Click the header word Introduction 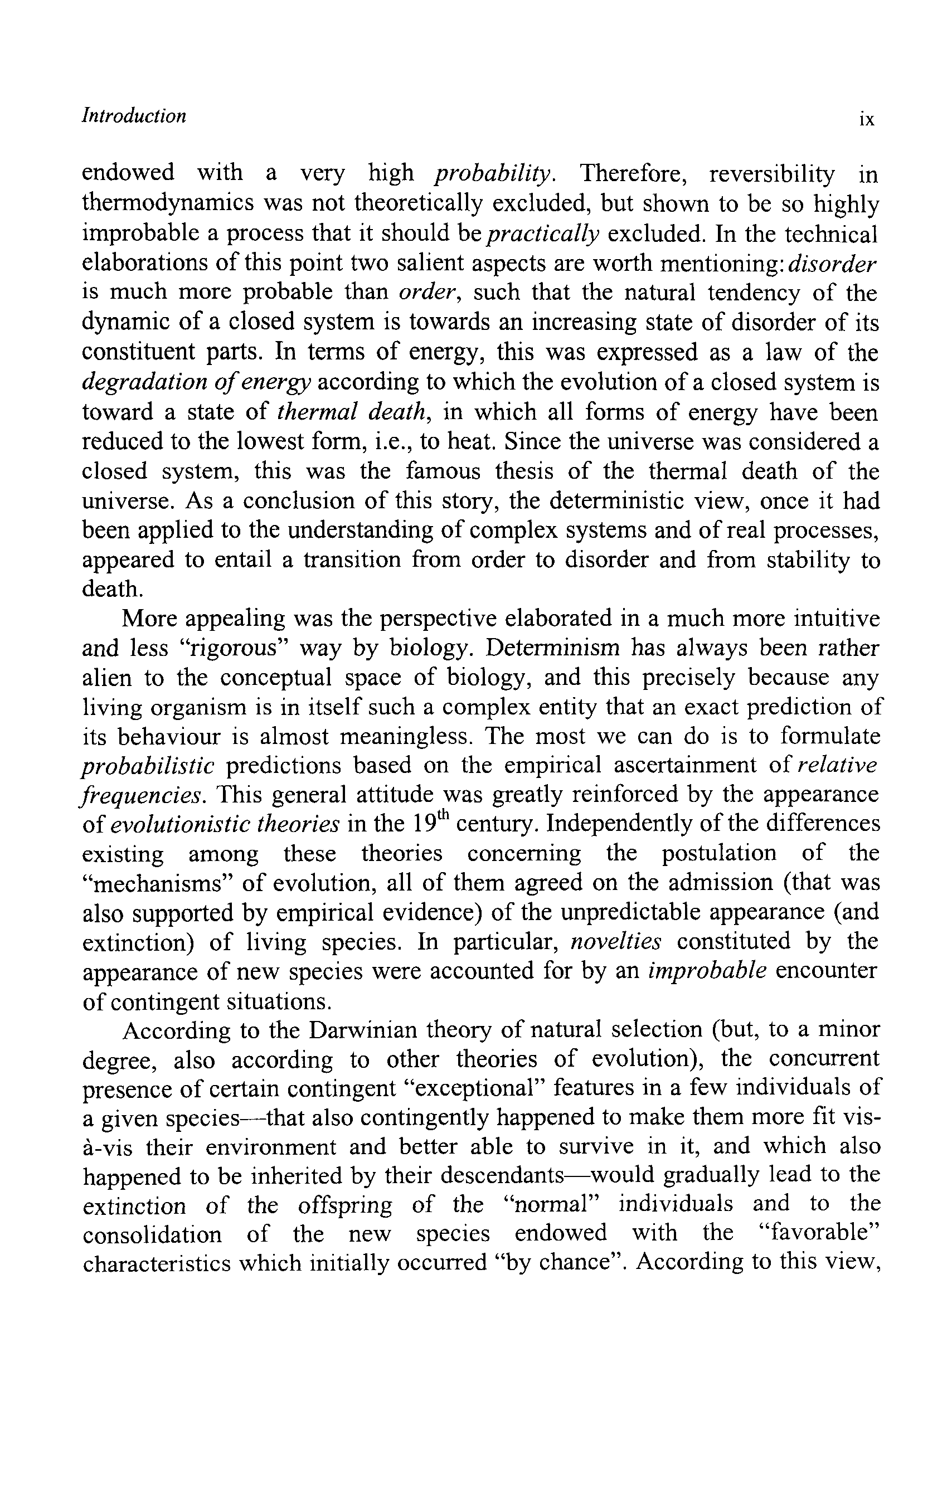tap(134, 116)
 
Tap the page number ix tap(867, 119)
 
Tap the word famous tap(443, 471)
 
